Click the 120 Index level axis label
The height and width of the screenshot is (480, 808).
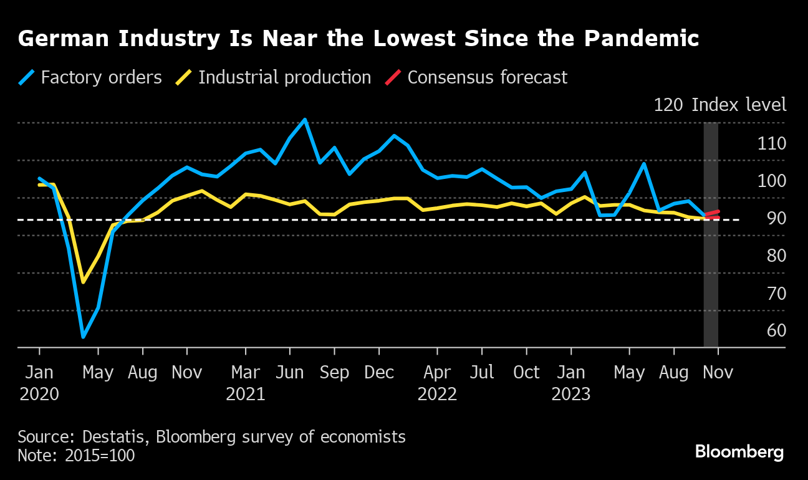(x=719, y=105)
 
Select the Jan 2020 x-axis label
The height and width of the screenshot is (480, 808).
(x=39, y=383)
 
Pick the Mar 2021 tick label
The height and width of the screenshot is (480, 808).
(x=245, y=383)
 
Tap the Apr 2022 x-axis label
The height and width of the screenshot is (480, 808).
(x=437, y=383)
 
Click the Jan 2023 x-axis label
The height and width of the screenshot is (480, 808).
(x=570, y=383)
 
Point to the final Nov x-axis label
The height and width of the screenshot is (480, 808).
(x=718, y=373)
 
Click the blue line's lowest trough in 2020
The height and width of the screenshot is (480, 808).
(x=83, y=337)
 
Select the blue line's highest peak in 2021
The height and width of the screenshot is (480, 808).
(x=304, y=119)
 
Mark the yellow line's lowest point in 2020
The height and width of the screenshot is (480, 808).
(x=83, y=282)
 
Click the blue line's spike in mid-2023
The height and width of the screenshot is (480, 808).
(x=644, y=163)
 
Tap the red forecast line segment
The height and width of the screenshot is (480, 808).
(x=712, y=213)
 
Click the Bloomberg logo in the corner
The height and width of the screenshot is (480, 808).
(x=739, y=452)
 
